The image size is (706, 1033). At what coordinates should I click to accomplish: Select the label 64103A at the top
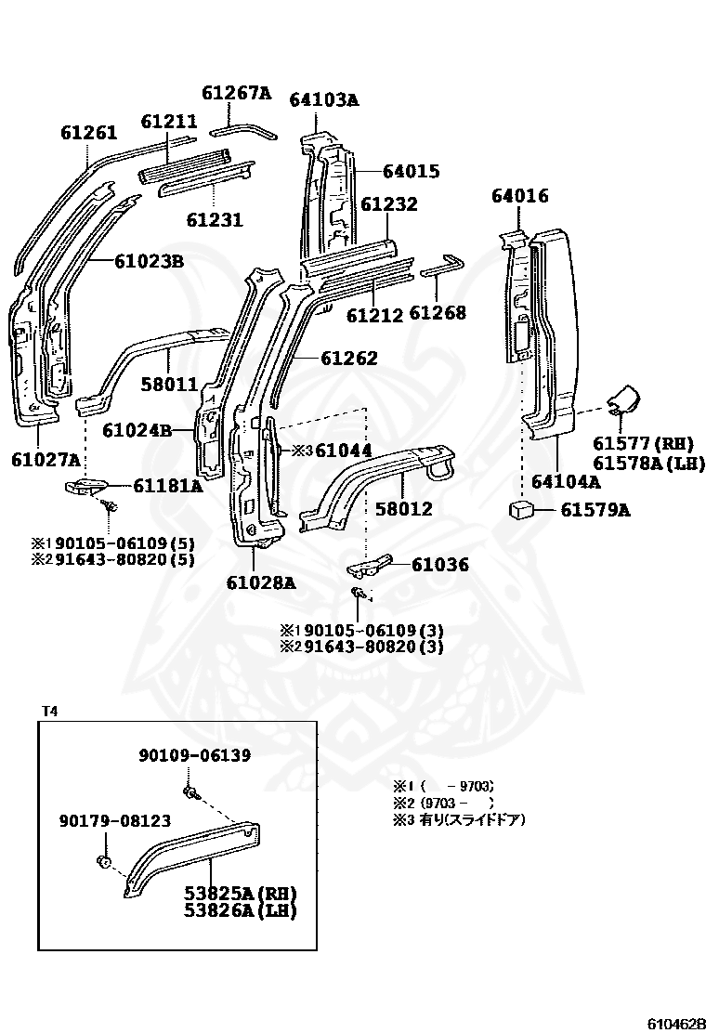point(323,99)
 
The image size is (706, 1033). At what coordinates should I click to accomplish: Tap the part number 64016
point(519,196)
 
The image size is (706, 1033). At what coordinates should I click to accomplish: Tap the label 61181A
point(167,485)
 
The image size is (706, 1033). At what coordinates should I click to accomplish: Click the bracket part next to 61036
point(368,567)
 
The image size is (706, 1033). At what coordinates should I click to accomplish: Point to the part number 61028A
point(260,582)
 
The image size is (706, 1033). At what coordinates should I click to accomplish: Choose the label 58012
point(403,508)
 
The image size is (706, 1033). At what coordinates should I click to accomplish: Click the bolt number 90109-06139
point(195,755)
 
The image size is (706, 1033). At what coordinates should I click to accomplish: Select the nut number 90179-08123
point(114,820)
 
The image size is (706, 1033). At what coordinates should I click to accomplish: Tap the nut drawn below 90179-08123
point(104,862)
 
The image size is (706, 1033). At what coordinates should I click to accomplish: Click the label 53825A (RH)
point(239,893)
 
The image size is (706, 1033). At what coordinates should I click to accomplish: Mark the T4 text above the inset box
point(49,712)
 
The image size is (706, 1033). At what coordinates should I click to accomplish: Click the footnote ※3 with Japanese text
point(459,819)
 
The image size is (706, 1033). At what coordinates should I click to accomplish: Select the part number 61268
point(437,314)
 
